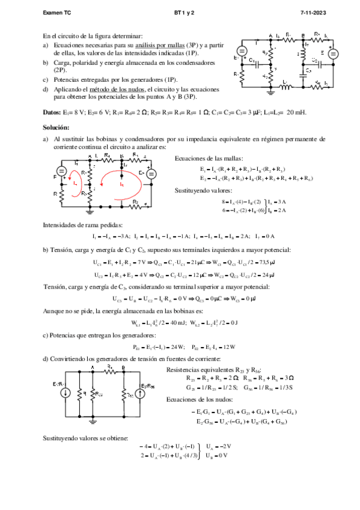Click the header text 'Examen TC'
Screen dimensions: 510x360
pos(57,12)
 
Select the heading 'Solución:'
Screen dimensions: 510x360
pos(56,127)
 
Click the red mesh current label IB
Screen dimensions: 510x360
pos(121,185)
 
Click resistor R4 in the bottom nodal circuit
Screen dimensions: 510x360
pos(109,369)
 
